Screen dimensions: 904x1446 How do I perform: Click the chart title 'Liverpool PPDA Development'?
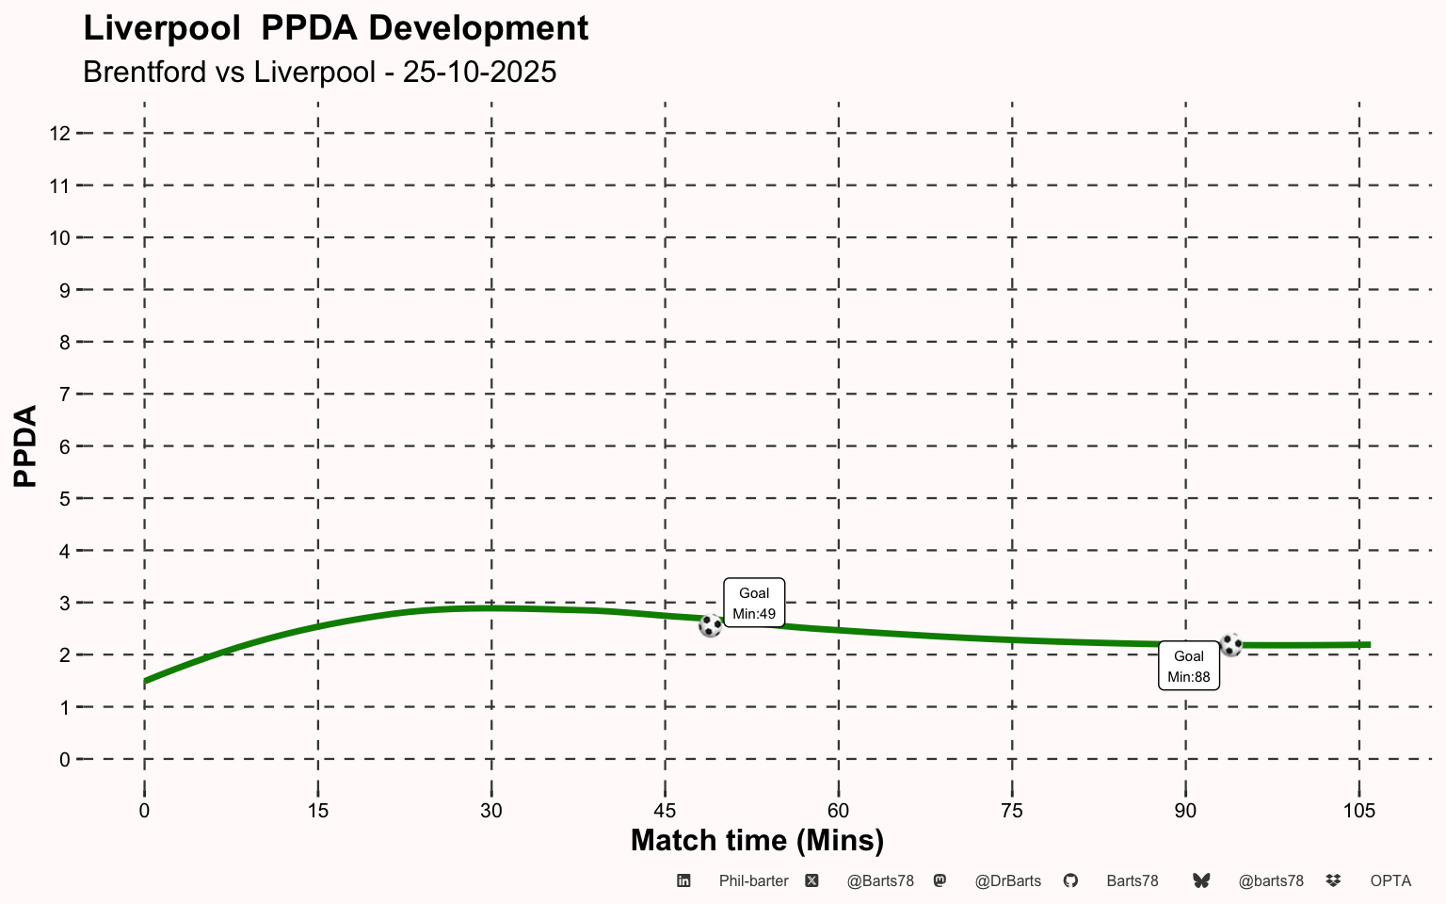point(335,28)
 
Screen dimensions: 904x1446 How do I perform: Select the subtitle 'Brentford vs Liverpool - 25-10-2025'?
point(319,72)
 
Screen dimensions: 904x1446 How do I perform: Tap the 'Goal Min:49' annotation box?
point(754,603)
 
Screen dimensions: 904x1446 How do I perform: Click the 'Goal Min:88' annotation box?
point(1188,667)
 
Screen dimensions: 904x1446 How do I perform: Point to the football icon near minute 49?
point(711,625)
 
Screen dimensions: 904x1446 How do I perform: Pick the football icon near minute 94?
point(1230,645)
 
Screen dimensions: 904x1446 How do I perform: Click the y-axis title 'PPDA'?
point(25,446)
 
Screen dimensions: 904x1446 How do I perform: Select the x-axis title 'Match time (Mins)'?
point(757,840)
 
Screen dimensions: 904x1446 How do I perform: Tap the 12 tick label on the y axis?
point(59,134)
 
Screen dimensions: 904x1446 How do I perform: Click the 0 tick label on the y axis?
point(64,759)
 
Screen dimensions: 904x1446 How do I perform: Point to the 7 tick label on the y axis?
point(64,395)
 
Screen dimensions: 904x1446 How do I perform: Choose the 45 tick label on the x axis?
point(665,811)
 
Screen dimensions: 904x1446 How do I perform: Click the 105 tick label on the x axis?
point(1358,811)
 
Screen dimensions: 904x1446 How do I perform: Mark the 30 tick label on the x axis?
point(490,811)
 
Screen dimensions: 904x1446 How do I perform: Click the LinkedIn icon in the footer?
point(684,880)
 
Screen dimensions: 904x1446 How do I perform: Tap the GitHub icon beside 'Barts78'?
point(1070,880)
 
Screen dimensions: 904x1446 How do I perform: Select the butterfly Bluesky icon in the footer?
point(1201,880)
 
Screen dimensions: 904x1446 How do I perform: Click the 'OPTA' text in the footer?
point(1390,881)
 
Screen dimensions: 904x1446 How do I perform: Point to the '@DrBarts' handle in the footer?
point(1007,881)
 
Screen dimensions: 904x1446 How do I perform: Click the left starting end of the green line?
point(146,681)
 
